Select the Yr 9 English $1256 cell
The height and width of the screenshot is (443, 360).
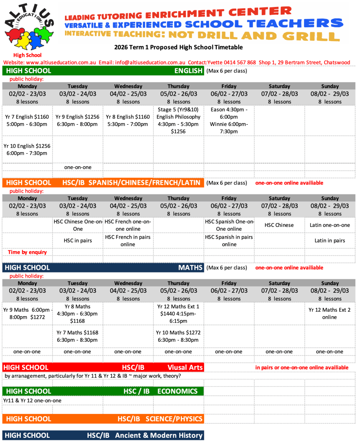click(77, 120)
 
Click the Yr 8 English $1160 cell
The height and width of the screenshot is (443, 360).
click(128, 120)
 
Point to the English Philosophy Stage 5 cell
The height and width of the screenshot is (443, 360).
click(178, 120)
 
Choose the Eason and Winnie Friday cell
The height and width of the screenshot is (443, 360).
click(229, 120)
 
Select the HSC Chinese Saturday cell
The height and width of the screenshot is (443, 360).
click(279, 225)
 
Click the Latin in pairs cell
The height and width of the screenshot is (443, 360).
click(330, 241)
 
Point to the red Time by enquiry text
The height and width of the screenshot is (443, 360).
click(27, 252)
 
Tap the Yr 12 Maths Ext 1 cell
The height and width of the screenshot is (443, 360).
click(178, 314)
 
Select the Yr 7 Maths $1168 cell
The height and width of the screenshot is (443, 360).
click(77, 336)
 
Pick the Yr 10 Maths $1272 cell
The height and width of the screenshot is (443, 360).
click(178, 336)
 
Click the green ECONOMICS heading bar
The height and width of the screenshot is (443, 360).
click(103, 391)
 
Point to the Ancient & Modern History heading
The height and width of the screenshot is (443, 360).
click(103, 435)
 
